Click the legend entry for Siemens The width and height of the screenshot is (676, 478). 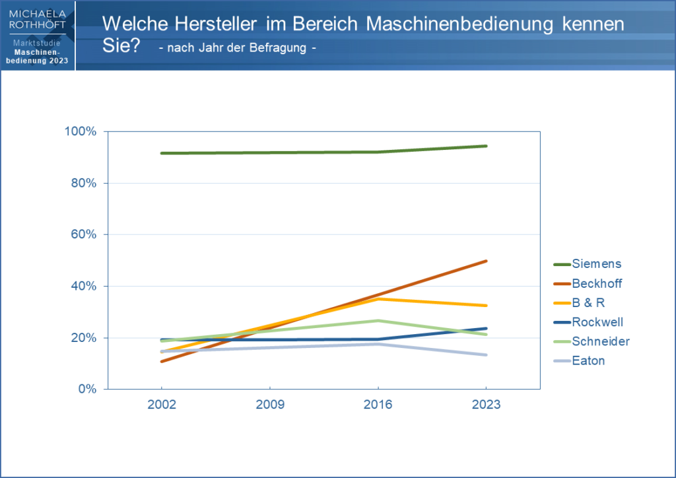coord(596,264)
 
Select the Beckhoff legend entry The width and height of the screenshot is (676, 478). coord(597,283)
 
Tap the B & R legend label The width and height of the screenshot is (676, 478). coord(588,302)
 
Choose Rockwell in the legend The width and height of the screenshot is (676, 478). coord(597,322)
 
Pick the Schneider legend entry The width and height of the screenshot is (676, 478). coord(600,341)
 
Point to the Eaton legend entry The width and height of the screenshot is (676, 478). coord(589,360)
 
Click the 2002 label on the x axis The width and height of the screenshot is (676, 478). coord(162,405)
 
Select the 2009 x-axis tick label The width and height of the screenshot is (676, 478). coord(269,405)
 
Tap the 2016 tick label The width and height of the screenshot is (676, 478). coord(378,405)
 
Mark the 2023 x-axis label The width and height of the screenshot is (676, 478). coord(486,405)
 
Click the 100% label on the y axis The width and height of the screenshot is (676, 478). coord(81,131)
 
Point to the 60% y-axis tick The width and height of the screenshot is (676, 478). coord(84,234)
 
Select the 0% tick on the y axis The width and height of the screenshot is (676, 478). coord(87,389)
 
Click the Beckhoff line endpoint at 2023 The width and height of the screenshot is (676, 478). coord(487,261)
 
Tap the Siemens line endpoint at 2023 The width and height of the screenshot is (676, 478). coord(487,146)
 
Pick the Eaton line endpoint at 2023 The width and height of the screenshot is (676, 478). coord(487,355)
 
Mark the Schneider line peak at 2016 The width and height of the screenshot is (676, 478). coord(378,321)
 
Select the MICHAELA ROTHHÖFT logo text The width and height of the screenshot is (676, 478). coord(38,20)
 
